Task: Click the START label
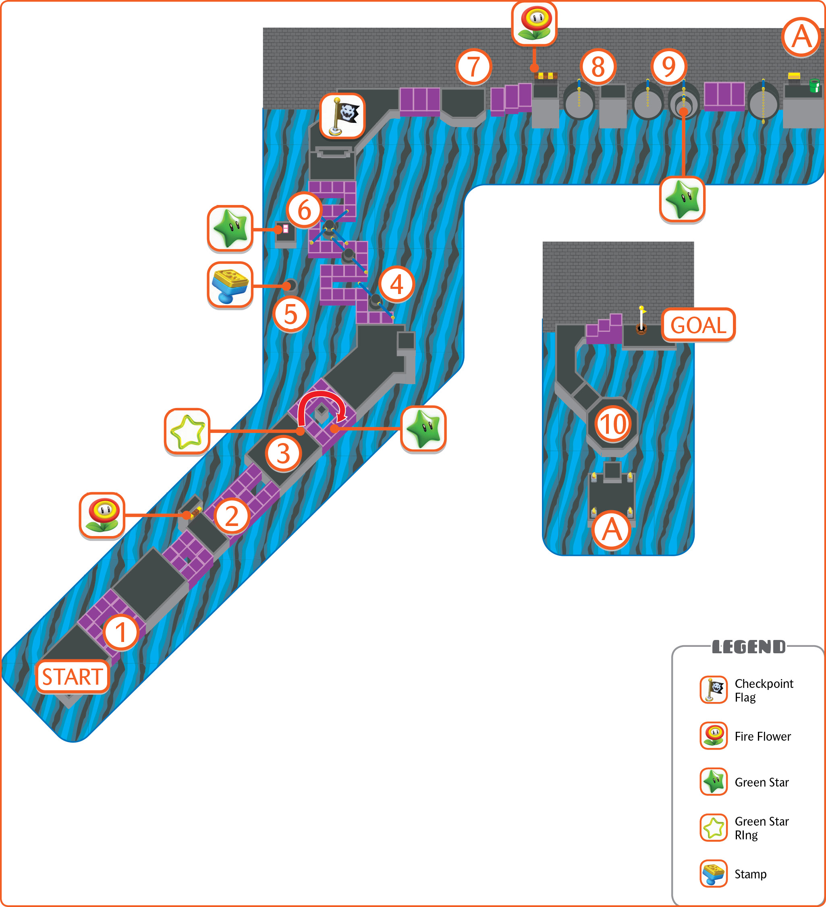[73, 677]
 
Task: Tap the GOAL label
[698, 325]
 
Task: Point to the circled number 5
[291, 314]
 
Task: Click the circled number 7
[473, 66]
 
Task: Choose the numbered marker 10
[612, 424]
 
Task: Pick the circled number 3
[283, 453]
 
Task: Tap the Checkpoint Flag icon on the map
[342, 116]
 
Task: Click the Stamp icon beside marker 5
[230, 285]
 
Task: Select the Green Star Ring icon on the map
[187, 431]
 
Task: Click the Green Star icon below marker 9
[682, 199]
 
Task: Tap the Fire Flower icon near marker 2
[102, 515]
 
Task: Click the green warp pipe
[814, 85]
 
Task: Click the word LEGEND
[749, 647]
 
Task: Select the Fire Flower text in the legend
[762, 737]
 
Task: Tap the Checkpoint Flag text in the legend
[764, 691]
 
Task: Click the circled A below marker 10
[612, 530]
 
